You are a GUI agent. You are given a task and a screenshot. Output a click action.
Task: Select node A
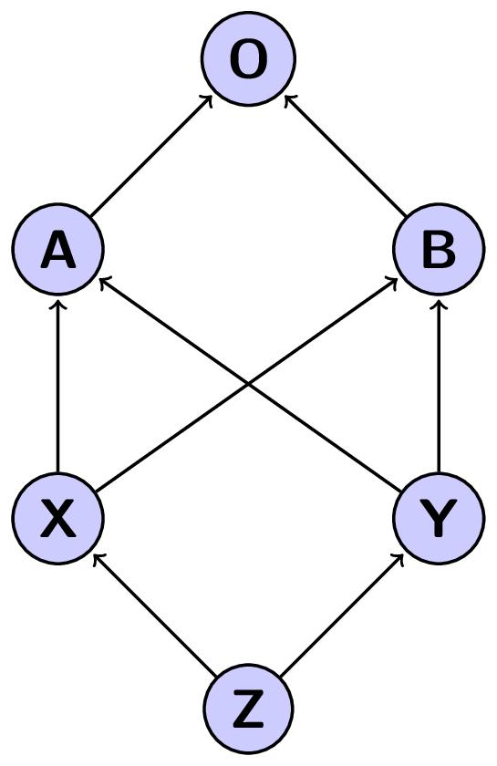coord(58,250)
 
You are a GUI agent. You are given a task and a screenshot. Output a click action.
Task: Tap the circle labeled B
coord(439,250)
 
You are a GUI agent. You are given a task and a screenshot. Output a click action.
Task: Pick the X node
coord(58,518)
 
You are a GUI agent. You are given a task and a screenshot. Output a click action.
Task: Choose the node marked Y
coord(439,518)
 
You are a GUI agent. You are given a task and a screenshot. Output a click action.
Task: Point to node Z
coord(248,709)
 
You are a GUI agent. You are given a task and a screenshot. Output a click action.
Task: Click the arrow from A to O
coord(151,155)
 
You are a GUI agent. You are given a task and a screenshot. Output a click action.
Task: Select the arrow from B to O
coord(345,155)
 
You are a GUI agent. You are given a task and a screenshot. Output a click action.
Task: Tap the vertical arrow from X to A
coord(58,388)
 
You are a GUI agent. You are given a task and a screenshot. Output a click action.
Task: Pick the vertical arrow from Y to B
coord(439,388)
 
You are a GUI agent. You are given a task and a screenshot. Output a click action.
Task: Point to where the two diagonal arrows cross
coord(249,384)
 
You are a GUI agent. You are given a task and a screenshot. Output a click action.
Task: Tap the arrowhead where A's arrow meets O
coord(211,97)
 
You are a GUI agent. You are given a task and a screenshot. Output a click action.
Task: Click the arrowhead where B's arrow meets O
coord(286,97)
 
